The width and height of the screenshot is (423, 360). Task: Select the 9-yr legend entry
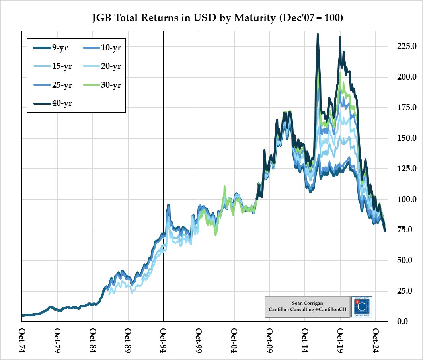[52, 48]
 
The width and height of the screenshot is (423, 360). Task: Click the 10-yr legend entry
[102, 48]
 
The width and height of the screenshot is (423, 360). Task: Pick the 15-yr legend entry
[52, 66]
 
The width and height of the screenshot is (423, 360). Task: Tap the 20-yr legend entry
[102, 66]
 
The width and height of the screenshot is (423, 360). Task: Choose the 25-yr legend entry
[52, 85]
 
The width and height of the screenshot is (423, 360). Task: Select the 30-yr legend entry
[102, 85]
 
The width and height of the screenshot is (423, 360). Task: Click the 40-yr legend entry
[52, 103]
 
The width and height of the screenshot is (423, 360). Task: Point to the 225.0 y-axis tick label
[404, 46]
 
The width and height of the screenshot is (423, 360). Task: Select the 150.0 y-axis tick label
[404, 138]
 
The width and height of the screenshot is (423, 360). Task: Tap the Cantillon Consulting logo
[362, 306]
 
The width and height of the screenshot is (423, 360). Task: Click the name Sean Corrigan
[308, 303]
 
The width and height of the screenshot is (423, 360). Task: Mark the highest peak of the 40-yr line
[318, 34]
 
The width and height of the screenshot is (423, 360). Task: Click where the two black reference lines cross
[164, 230]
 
